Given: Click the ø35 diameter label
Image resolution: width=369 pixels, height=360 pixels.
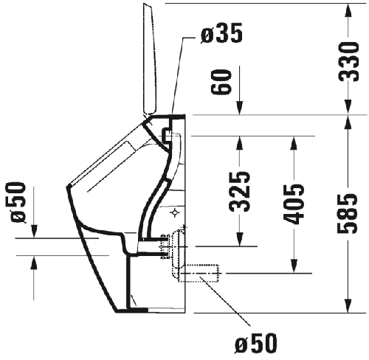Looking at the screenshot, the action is [x=221, y=33].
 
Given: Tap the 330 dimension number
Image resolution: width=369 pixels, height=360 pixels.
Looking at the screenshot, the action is [x=348, y=61].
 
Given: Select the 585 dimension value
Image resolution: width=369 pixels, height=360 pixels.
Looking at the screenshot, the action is [x=347, y=213].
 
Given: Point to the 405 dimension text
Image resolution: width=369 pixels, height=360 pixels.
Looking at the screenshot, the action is [x=294, y=204].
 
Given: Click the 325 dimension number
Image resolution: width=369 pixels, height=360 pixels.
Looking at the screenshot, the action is [x=239, y=192].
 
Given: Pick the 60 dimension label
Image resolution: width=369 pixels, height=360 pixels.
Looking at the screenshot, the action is [x=221, y=82].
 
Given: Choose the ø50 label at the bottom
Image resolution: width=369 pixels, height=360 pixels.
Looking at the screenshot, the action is [x=256, y=343].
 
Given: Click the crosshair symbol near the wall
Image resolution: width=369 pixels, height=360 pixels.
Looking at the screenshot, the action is [x=175, y=212].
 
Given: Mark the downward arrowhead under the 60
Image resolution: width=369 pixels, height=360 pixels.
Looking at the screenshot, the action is [x=240, y=108].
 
